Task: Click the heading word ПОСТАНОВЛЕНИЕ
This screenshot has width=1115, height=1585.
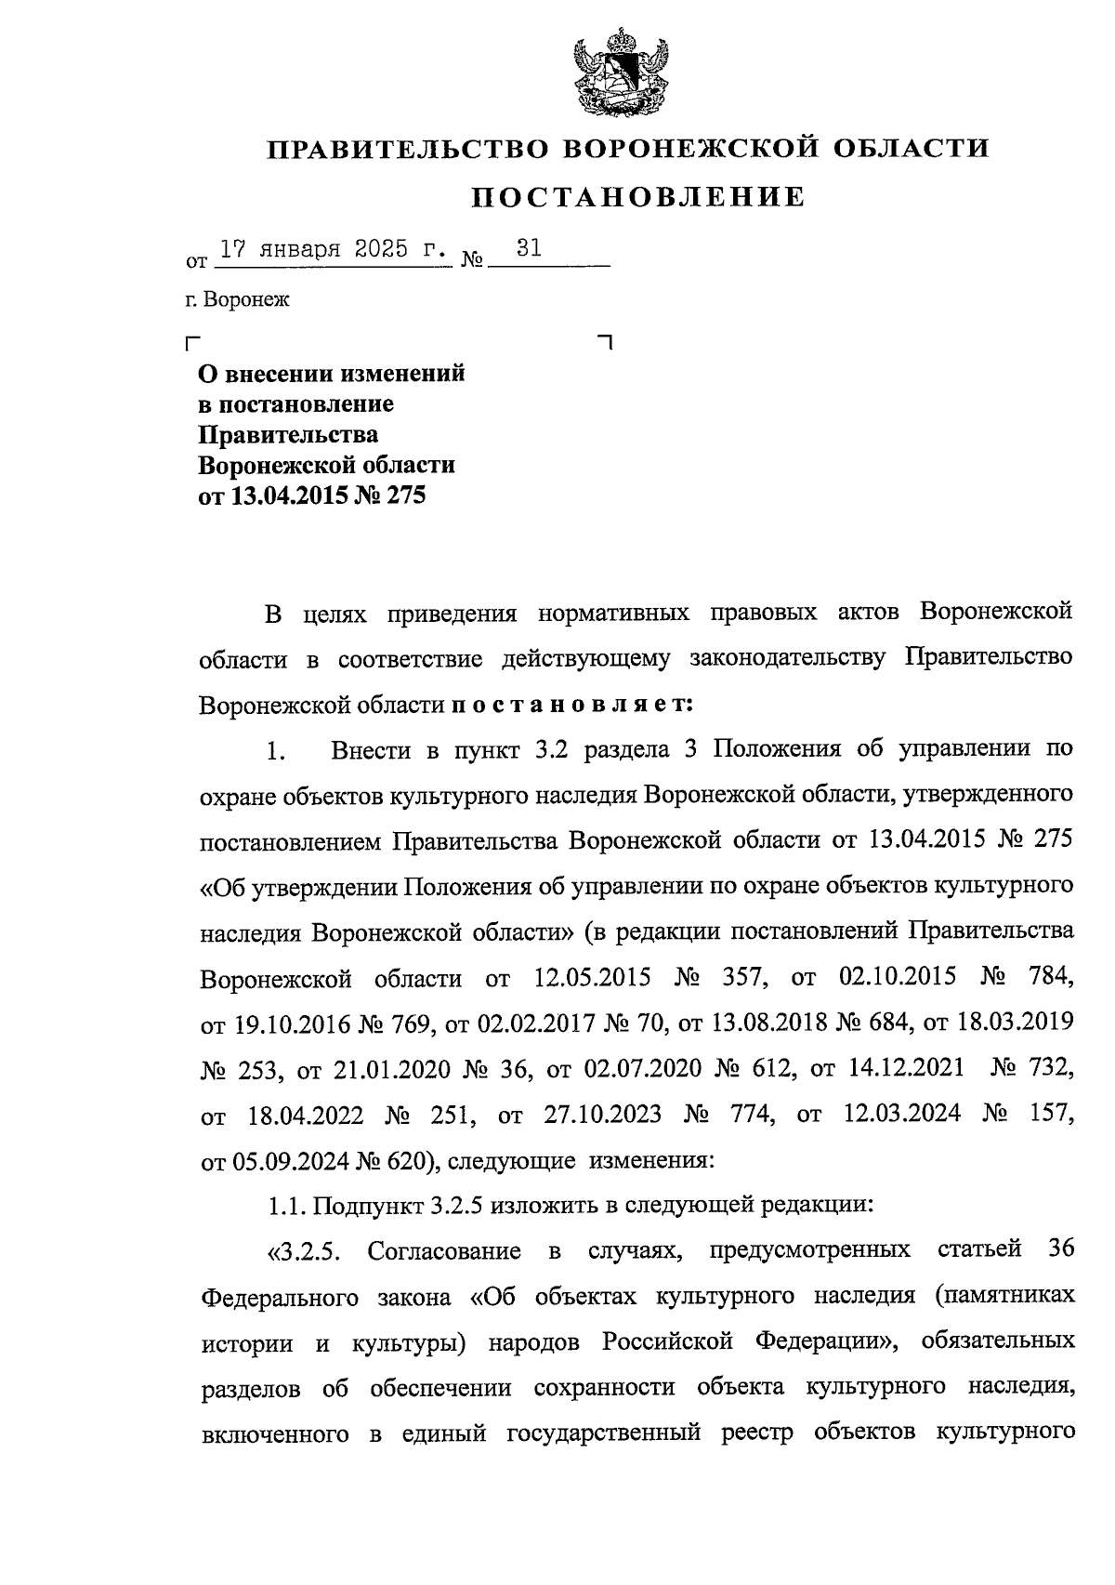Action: coord(637,197)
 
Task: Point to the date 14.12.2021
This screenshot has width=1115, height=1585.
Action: coord(906,1069)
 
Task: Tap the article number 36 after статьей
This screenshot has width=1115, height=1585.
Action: coord(1060,1249)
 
